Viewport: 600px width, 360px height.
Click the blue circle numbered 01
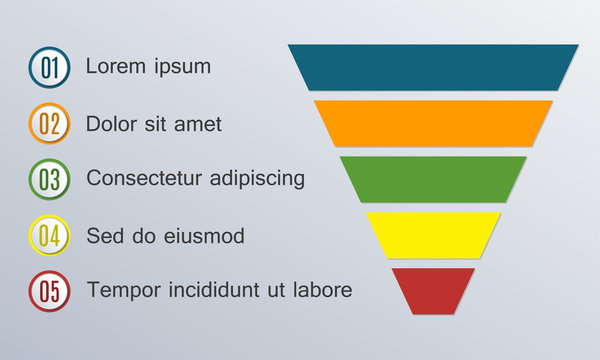tap(49, 68)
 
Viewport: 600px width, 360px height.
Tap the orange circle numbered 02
tap(49, 125)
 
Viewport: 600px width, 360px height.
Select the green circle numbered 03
tap(49, 180)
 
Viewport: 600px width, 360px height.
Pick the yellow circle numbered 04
tap(49, 237)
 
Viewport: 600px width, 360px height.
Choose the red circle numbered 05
tap(49, 292)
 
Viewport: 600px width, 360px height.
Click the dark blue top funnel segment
tap(433, 67)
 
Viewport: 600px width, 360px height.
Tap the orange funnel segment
tap(433, 123)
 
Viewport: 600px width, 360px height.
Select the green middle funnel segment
tap(433, 179)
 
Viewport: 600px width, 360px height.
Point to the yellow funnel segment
tap(433, 235)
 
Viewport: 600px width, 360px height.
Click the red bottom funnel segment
tap(433, 290)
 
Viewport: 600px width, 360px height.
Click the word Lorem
tap(113, 67)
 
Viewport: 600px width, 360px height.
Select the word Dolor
tap(112, 124)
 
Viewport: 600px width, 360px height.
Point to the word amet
tap(197, 124)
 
